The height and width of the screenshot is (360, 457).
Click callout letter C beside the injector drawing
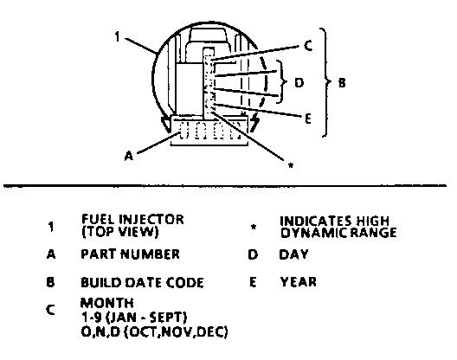308,46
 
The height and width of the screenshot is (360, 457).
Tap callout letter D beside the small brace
299,83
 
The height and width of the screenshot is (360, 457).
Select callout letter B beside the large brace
342,83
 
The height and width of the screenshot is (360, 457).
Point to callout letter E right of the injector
308,119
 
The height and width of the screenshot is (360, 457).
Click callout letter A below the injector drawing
129,156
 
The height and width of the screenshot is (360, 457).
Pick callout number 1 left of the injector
117,37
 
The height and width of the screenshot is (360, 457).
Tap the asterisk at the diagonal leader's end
291,165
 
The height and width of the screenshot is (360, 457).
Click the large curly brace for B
326,82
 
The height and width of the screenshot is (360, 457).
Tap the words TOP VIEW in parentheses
120,232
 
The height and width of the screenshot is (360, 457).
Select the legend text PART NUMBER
130,254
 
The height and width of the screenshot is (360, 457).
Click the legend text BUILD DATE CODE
142,283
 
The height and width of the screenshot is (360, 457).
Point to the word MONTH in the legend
107,303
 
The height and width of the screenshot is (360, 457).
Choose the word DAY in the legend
293,254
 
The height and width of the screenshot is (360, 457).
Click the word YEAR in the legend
298,282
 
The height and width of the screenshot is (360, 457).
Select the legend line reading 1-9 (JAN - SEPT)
134,318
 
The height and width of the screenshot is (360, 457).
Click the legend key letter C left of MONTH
50,310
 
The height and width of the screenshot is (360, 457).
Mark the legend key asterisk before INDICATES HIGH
254,227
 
